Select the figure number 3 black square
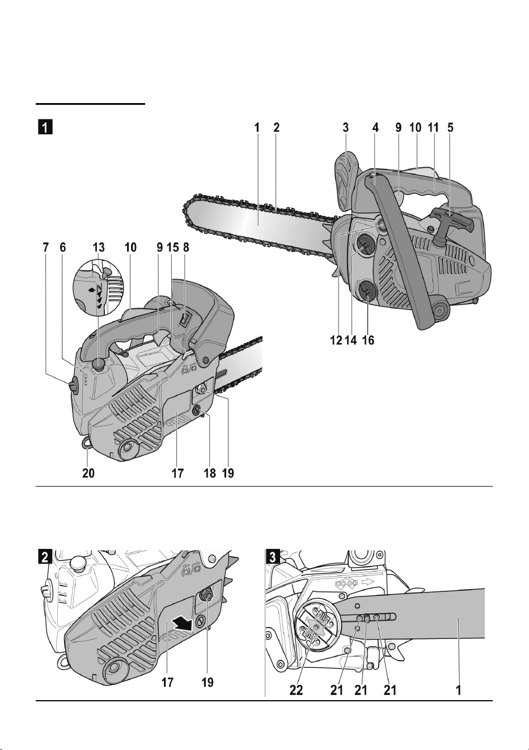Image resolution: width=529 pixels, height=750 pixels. click(272, 557)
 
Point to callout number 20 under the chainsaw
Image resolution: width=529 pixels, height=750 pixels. click(88, 473)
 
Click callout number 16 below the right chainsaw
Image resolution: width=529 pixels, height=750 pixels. click(368, 340)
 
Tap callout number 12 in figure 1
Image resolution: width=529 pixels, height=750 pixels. click(336, 340)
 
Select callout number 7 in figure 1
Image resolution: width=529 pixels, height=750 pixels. click(45, 248)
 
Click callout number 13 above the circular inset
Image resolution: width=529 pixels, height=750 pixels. click(99, 248)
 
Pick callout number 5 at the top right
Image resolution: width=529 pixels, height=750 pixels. click(450, 127)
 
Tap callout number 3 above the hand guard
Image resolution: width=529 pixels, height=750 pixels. click(346, 127)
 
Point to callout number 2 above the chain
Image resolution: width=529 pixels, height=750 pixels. click(276, 127)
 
